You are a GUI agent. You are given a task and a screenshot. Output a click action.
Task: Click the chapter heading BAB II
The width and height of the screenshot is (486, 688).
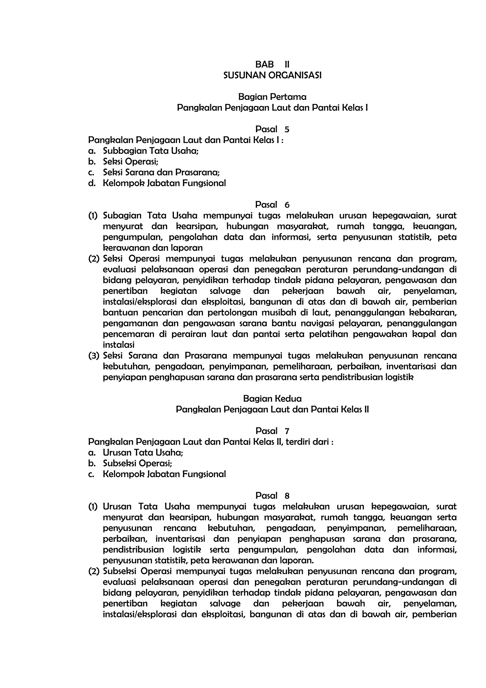pos(272,64)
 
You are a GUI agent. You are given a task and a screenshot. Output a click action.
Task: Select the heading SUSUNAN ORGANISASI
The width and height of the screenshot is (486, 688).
pos(272,75)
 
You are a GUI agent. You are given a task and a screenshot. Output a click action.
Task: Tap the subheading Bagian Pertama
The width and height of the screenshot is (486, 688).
pos(272,97)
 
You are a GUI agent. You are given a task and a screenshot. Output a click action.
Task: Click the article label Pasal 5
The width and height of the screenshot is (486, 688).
pos(272,129)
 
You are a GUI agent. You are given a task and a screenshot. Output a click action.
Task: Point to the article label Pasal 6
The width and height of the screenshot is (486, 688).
pos(272,205)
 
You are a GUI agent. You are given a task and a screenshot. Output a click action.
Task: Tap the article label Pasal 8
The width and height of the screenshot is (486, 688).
pos(272,496)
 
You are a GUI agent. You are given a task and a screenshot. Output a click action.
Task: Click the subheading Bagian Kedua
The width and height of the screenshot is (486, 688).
pos(272,399)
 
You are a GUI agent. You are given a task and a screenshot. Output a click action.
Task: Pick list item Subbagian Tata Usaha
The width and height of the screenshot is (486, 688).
pos(151,151)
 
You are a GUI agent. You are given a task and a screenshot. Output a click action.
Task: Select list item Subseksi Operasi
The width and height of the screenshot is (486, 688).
pos(137,463)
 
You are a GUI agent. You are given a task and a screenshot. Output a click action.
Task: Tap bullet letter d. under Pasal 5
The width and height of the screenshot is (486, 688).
pos(92,183)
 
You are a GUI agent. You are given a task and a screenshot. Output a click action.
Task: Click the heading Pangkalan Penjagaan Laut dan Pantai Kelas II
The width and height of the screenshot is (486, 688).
pos(272,409)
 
